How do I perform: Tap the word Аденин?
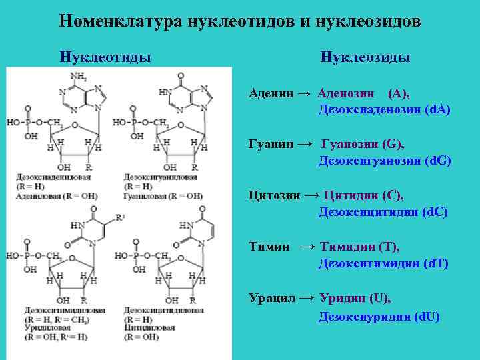point(269,93)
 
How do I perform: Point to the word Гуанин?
point(269,145)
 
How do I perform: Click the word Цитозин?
point(273,196)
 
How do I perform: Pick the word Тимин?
point(269,247)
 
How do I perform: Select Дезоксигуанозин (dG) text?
point(385,161)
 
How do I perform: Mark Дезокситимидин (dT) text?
point(383,264)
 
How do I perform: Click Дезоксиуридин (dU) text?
point(379,317)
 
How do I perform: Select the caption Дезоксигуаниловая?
point(160,177)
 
